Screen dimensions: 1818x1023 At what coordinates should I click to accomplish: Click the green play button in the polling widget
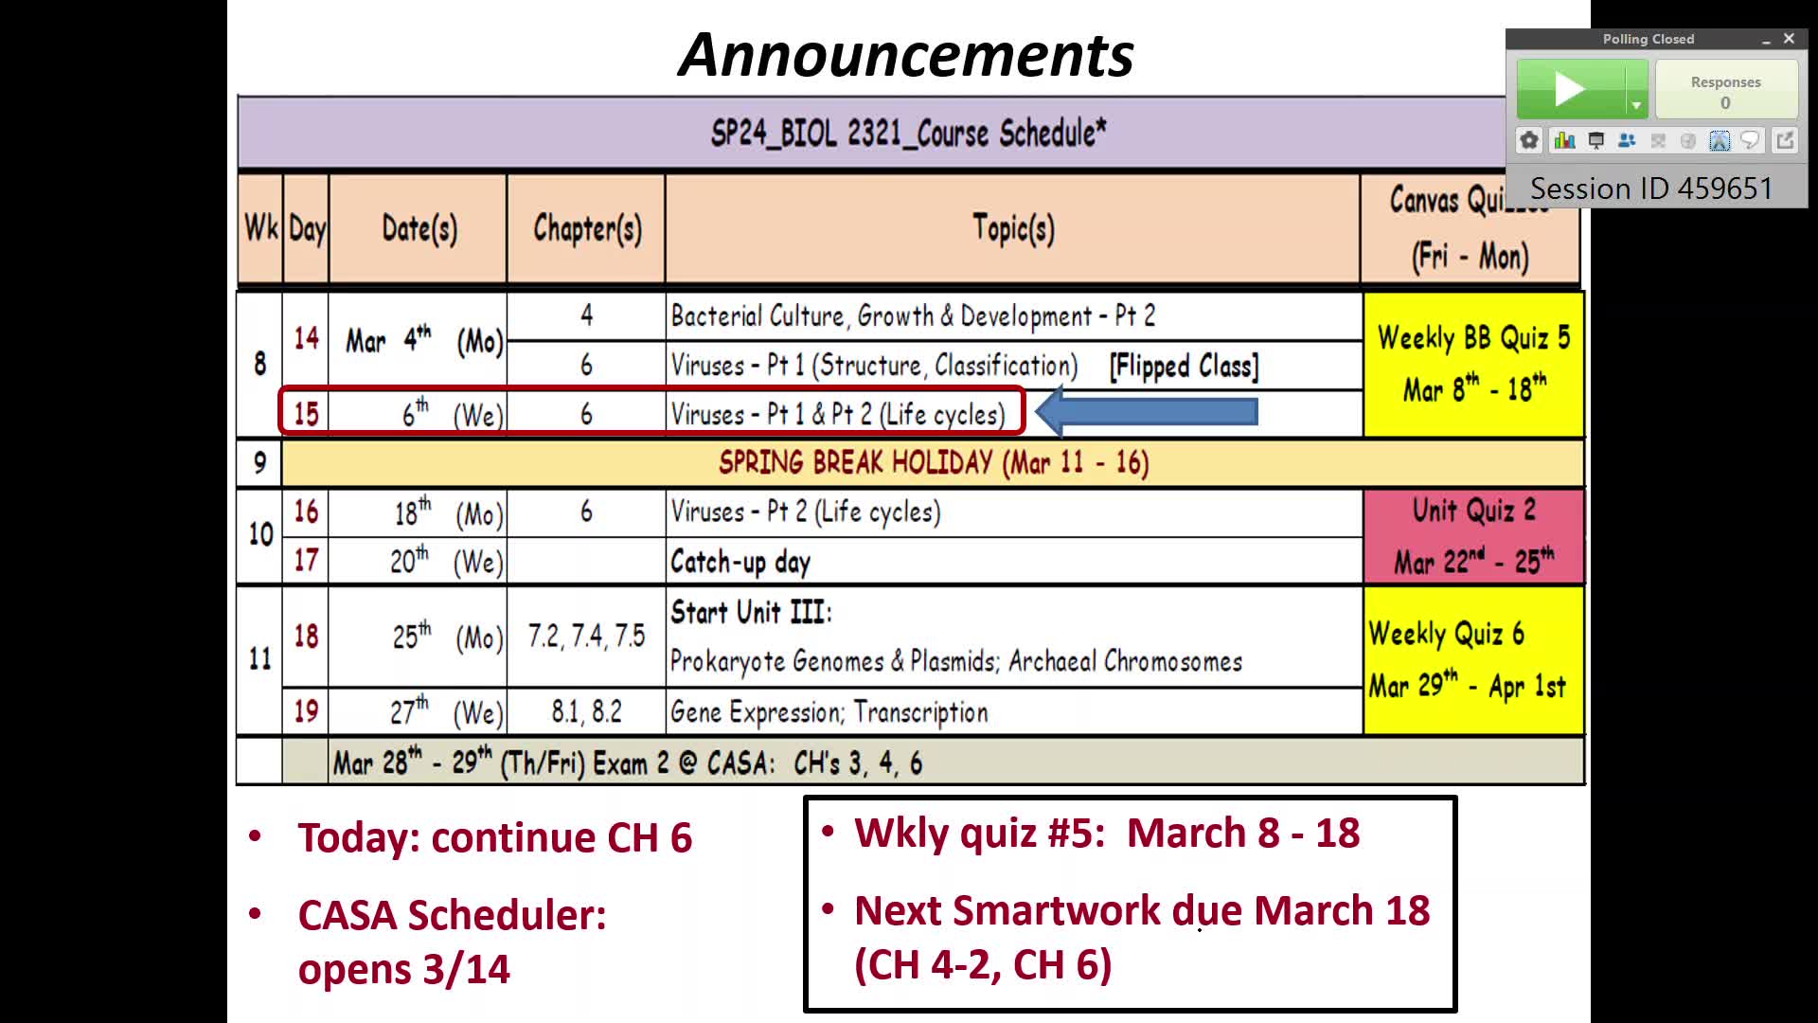pos(1571,89)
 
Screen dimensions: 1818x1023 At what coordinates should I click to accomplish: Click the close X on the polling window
pos(1789,39)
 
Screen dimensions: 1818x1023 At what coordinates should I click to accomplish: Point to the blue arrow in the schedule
pos(1147,412)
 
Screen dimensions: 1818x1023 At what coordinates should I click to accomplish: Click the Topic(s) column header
pos(1013,228)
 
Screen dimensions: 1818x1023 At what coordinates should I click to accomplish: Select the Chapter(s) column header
pos(587,228)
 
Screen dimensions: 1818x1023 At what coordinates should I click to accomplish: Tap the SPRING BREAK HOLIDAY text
pos(934,462)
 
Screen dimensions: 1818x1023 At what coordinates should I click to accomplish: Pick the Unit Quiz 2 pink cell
pos(1473,536)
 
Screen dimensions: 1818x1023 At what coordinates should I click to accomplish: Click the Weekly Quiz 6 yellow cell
pos(1473,660)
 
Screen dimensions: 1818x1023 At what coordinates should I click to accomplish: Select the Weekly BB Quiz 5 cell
pos(1473,365)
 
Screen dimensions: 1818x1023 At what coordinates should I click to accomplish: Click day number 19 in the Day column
pos(306,711)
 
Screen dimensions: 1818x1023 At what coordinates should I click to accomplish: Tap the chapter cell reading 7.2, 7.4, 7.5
pos(586,636)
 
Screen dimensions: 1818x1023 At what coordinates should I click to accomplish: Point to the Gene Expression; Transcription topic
pos(829,712)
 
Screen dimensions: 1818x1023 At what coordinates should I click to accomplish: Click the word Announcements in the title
pos(907,55)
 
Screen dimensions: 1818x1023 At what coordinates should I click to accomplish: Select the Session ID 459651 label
pos(1651,188)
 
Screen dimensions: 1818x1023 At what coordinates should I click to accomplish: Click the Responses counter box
pos(1726,89)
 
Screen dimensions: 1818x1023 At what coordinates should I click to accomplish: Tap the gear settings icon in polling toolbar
pos(1529,141)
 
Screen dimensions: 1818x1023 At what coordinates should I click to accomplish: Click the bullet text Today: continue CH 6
pos(495,838)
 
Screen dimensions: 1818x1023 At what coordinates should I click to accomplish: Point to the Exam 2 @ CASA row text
pos(628,763)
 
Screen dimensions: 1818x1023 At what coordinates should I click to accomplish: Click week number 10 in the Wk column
pos(260,534)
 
